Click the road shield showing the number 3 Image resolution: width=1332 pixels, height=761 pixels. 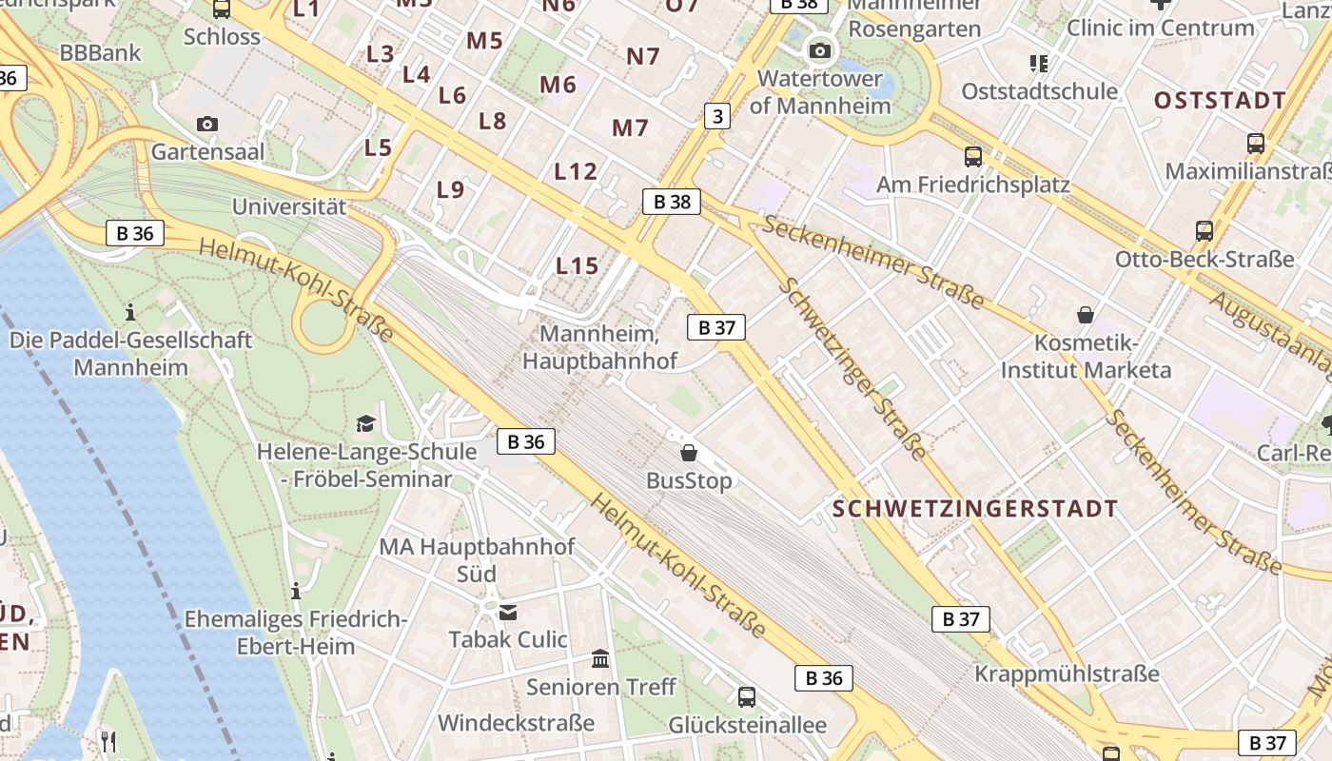coord(717,116)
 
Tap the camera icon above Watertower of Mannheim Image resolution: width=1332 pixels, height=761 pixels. coord(820,50)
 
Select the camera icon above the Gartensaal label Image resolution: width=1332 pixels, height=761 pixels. coord(206,124)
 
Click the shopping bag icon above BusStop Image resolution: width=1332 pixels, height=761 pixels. coord(689,453)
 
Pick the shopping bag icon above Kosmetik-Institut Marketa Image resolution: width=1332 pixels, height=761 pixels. coord(1085,314)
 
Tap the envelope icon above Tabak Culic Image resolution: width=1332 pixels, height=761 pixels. coord(508,612)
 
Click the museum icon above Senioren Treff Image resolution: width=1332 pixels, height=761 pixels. coord(600,658)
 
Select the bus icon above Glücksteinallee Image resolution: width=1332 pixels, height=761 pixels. coord(747,696)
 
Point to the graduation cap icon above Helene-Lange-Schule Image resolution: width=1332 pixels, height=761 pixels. coord(365,423)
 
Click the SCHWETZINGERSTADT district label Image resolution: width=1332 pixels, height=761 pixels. coord(975,509)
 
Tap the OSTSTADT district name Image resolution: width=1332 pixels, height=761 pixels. coord(1220,101)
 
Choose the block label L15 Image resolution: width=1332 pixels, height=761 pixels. coord(578,265)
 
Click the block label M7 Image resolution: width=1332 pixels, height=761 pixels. coord(630,127)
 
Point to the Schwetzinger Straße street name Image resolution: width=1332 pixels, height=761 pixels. coord(852,368)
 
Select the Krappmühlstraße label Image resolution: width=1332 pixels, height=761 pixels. coord(1067,673)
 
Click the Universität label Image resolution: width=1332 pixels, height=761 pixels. coord(289,205)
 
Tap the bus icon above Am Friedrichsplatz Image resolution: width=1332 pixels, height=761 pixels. coord(972,157)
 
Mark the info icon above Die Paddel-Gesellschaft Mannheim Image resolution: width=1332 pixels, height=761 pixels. coord(130,311)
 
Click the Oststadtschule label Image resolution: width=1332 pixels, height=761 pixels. coord(1039,91)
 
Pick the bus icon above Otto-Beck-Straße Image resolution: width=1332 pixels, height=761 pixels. coord(1205,230)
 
